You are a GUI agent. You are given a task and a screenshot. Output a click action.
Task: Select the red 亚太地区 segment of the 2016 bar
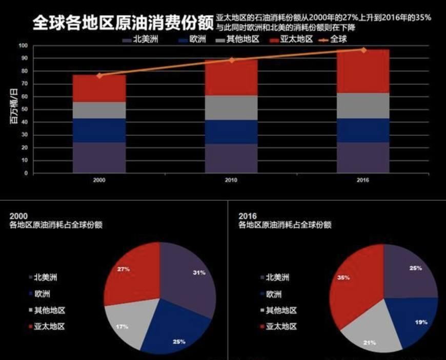[x=363, y=71]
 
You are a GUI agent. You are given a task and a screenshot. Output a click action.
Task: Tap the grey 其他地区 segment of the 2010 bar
[x=231, y=108]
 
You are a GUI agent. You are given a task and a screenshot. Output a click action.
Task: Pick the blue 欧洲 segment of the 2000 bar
[x=99, y=130]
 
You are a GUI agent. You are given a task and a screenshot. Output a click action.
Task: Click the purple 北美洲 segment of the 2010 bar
[x=231, y=158]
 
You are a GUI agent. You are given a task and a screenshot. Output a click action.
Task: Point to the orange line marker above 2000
[x=99, y=75]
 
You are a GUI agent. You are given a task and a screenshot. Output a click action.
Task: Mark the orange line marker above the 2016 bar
[x=363, y=50]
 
